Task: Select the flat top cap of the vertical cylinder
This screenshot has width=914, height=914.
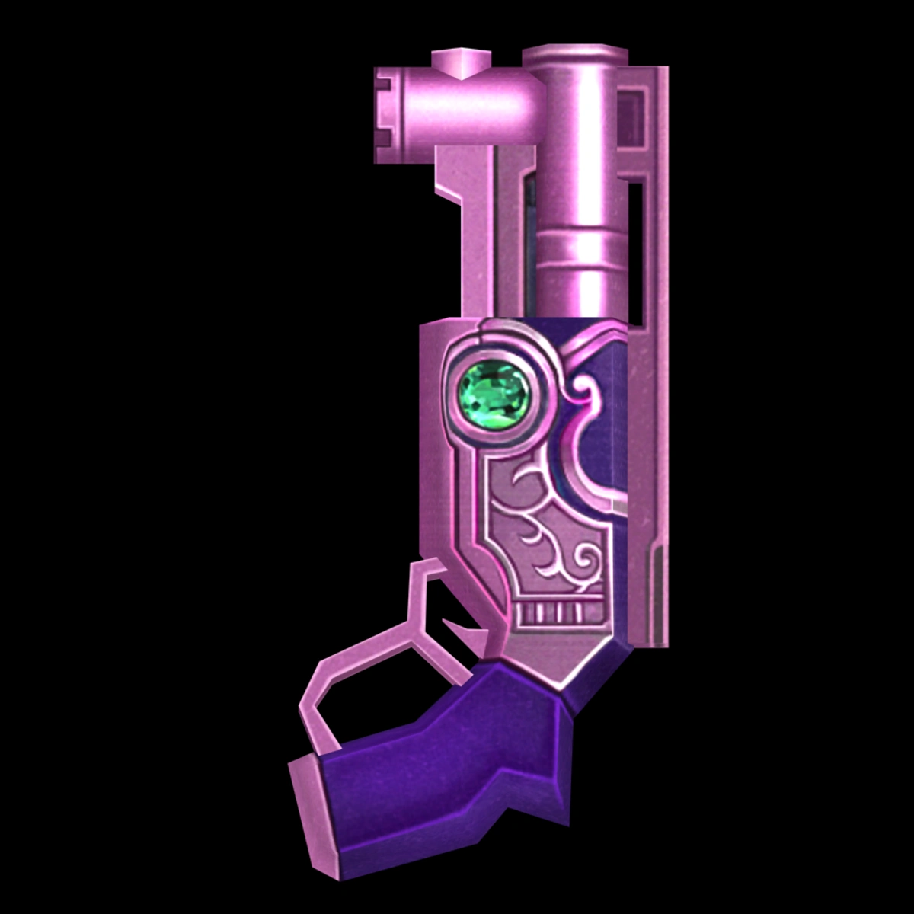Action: pos(571,52)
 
